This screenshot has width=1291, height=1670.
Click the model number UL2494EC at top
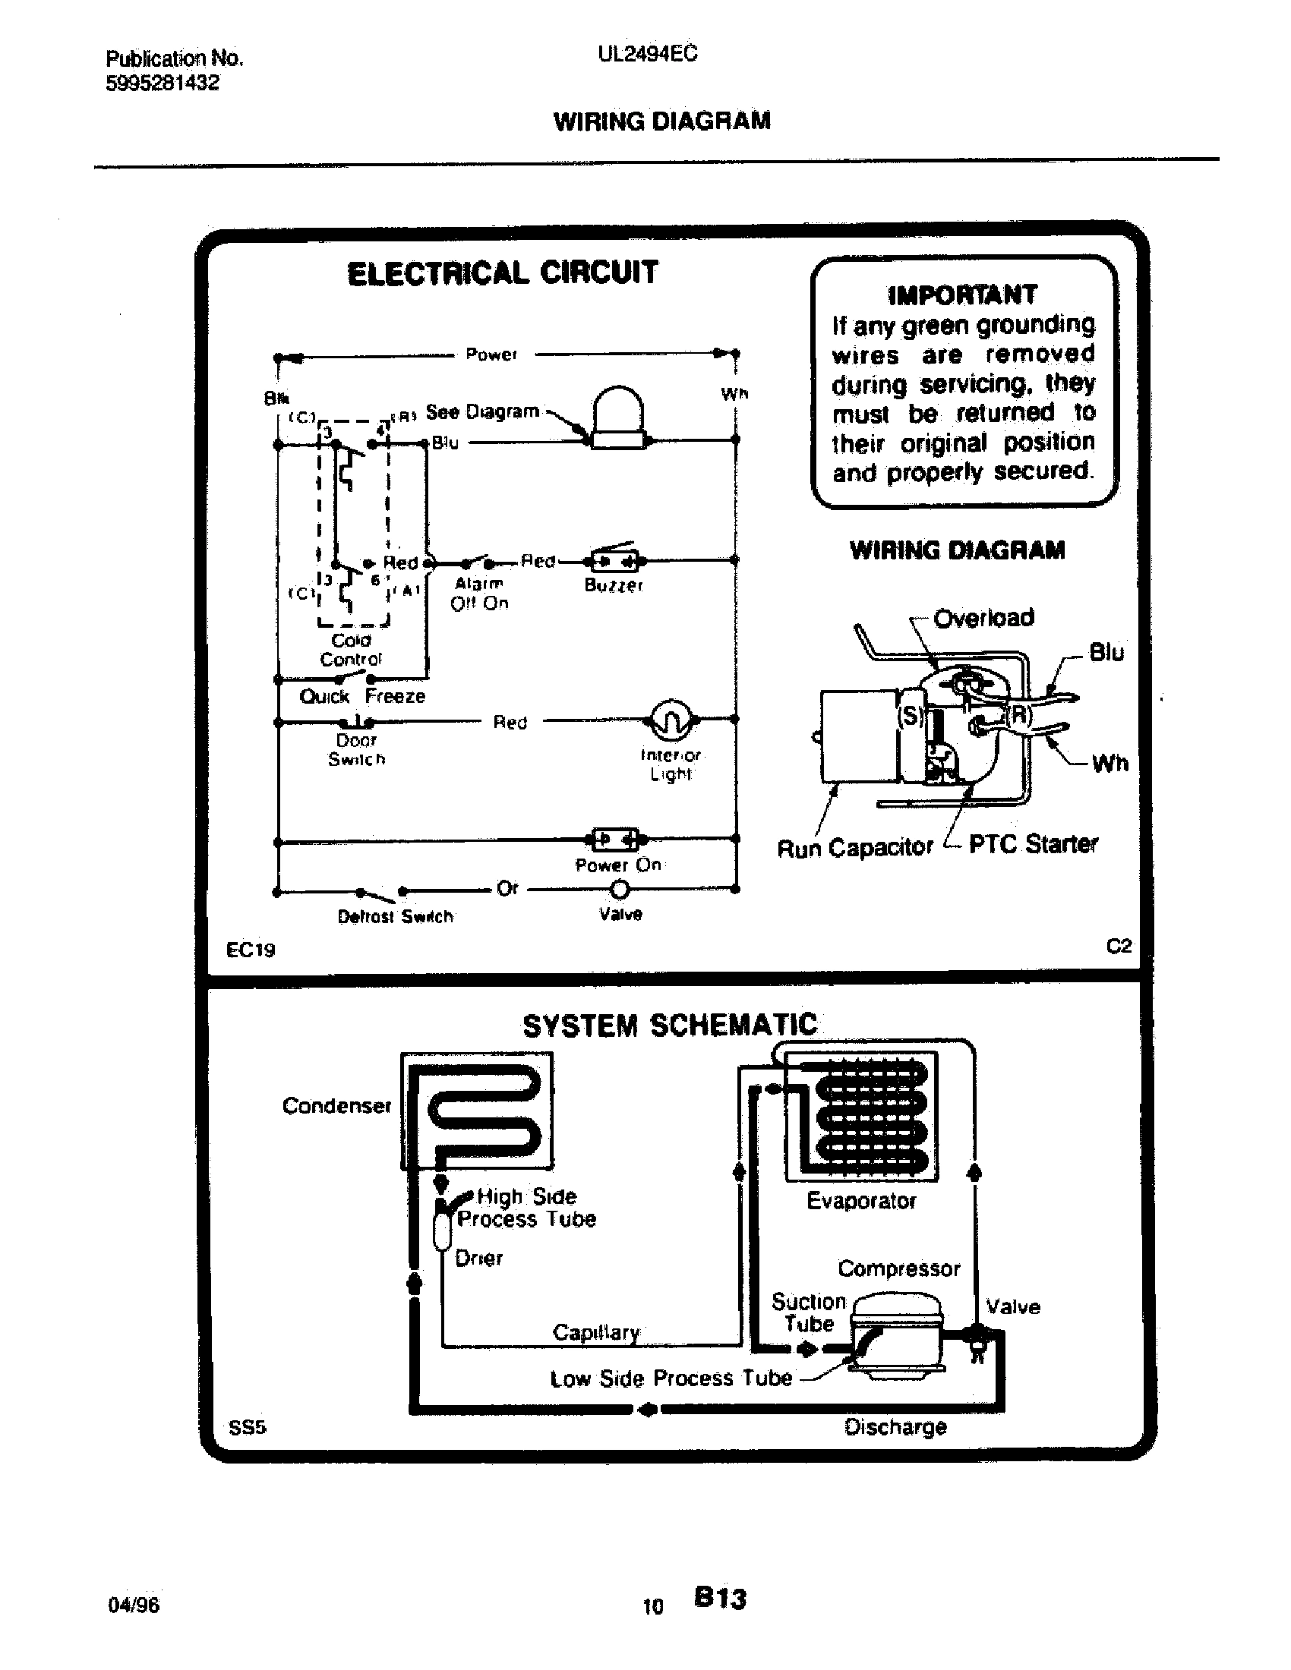(x=647, y=55)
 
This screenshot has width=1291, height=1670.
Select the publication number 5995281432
(x=163, y=83)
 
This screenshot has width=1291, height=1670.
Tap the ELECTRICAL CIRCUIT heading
(x=502, y=273)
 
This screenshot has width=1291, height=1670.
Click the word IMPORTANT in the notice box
(x=962, y=295)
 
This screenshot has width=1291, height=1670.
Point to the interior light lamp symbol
(x=670, y=719)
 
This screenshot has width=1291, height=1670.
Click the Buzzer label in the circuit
(x=614, y=586)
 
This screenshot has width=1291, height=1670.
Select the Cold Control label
(x=350, y=650)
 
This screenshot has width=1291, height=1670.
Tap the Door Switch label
(x=356, y=749)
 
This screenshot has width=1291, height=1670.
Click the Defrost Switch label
(x=396, y=916)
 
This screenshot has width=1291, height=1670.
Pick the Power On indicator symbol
(x=616, y=840)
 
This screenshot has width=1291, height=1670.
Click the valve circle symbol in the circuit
(x=620, y=890)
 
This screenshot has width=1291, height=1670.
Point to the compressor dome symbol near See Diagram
(x=618, y=419)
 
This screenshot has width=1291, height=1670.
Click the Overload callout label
(x=983, y=617)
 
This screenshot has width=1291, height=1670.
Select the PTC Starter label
(x=1033, y=844)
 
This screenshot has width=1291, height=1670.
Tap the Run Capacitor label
(x=854, y=847)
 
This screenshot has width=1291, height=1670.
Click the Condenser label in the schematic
(x=336, y=1106)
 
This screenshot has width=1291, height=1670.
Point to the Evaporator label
(x=861, y=1201)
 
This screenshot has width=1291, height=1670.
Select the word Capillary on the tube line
(x=596, y=1332)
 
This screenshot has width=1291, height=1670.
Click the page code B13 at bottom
(x=720, y=1598)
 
